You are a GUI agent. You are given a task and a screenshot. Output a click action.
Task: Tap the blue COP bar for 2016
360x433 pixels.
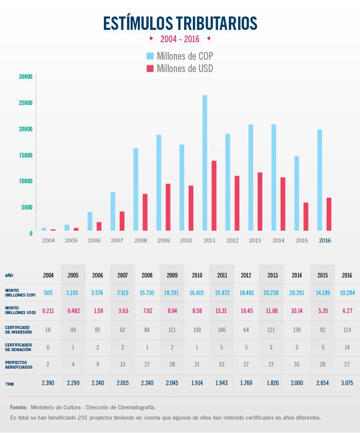[320, 180]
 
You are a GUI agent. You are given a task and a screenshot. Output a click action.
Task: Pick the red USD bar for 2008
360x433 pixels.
[145, 212]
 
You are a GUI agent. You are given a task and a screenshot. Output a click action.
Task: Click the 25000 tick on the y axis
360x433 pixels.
[25, 103]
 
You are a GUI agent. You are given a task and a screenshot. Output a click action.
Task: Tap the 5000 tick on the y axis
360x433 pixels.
[27, 207]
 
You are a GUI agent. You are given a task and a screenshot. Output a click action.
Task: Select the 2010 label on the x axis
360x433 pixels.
[186, 240]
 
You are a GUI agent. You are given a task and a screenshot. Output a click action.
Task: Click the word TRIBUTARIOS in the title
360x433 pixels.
[217, 23]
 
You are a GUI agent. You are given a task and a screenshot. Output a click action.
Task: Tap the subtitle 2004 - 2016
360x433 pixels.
[179, 39]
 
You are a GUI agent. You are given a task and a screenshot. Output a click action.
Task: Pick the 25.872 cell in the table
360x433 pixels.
[222, 292]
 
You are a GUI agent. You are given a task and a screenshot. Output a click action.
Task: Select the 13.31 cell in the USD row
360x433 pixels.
[222, 310]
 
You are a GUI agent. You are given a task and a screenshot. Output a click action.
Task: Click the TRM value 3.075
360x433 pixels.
[347, 384]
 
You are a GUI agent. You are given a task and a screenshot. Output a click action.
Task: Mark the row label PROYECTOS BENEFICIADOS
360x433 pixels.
[19, 365]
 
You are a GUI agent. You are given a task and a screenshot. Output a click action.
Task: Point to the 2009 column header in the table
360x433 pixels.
[172, 275]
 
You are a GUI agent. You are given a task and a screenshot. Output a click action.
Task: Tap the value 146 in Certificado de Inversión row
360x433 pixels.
[222, 330]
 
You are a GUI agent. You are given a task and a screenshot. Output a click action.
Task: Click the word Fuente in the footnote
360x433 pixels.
[19, 407]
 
